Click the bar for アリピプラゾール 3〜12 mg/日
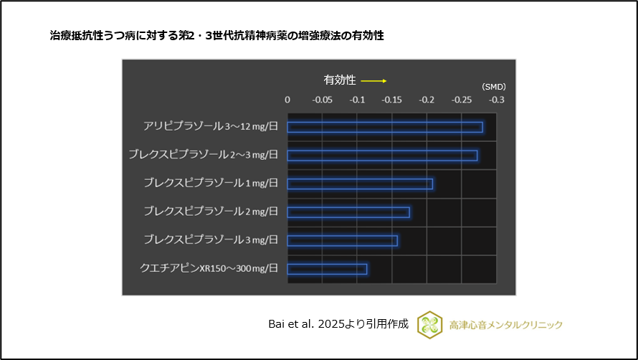[x=384, y=128]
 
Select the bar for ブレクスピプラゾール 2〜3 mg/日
[x=382, y=156]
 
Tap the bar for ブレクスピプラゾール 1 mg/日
[x=360, y=184]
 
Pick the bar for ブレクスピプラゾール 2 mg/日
[x=348, y=212]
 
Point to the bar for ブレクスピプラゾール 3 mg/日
[x=342, y=241]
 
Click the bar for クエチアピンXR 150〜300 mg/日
[x=327, y=269]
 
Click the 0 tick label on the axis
[x=287, y=100]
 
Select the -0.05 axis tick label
[x=322, y=100]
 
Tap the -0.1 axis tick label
[x=357, y=100]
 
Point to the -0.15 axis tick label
[x=391, y=100]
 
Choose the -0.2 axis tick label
[x=427, y=100]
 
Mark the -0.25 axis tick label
[x=461, y=100]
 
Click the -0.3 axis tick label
[x=496, y=100]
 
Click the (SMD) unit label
[x=493, y=87]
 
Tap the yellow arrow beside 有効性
[x=373, y=80]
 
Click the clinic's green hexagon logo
[x=429, y=324]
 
